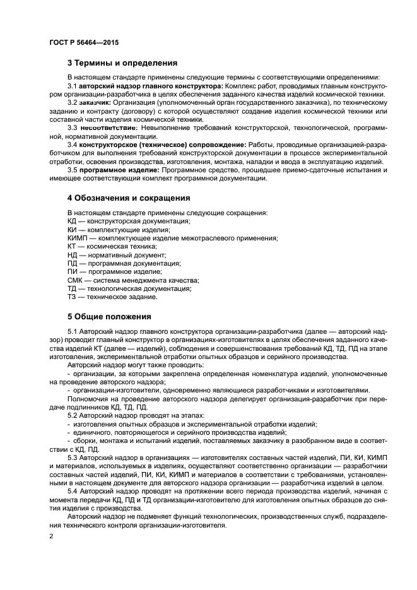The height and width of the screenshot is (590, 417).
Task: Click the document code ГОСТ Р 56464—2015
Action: [x=83, y=42]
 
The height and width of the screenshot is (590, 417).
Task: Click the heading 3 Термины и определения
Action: [x=122, y=63]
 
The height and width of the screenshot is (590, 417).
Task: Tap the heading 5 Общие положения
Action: [x=109, y=316]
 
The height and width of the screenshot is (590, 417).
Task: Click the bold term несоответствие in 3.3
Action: [x=110, y=127]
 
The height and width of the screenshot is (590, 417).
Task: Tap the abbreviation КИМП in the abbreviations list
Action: [x=77, y=238]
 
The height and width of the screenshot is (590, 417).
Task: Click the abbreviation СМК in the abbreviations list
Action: [x=75, y=280]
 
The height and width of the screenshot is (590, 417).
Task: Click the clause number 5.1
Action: [x=72, y=331]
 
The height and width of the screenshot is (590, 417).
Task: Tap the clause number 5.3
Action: [x=72, y=457]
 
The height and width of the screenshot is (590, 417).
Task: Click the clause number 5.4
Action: [x=72, y=490]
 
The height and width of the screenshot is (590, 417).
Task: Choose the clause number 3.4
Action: [x=72, y=145]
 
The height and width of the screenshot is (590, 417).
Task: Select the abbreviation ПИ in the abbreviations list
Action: [x=72, y=272]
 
